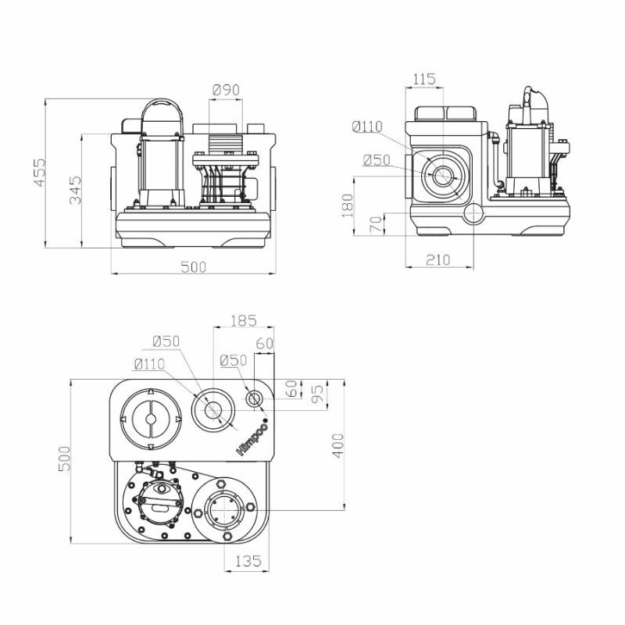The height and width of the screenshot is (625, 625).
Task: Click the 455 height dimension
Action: click(x=40, y=172)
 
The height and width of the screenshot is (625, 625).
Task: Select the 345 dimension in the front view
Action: click(x=75, y=190)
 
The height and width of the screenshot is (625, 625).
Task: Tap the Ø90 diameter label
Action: click(x=227, y=90)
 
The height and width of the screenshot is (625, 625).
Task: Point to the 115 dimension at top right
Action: click(x=423, y=79)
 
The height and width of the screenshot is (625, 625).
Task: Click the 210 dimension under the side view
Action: click(x=438, y=260)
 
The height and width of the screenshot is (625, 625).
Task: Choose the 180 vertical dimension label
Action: click(x=348, y=205)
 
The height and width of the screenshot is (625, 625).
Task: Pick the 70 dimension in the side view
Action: click(x=377, y=224)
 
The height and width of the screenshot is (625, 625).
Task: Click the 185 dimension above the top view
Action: click(x=244, y=320)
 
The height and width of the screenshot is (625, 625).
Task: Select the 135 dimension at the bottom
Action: click(x=248, y=561)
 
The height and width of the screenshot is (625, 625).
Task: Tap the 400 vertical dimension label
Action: click(x=338, y=445)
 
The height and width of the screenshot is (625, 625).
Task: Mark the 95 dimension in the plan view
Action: click(x=318, y=395)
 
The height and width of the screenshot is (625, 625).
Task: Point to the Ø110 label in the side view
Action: click(x=367, y=127)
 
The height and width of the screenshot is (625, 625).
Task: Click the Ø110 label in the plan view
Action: click(x=149, y=364)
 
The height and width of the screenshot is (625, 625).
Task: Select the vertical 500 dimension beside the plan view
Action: click(x=65, y=459)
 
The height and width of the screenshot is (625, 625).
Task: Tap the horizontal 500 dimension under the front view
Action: click(x=194, y=267)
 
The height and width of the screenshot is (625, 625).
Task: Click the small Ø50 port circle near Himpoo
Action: click(x=255, y=399)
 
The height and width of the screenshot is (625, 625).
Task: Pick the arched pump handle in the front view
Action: click(x=163, y=105)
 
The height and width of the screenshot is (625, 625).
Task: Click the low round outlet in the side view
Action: click(x=473, y=213)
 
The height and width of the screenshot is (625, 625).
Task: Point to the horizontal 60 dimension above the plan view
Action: click(x=265, y=343)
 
